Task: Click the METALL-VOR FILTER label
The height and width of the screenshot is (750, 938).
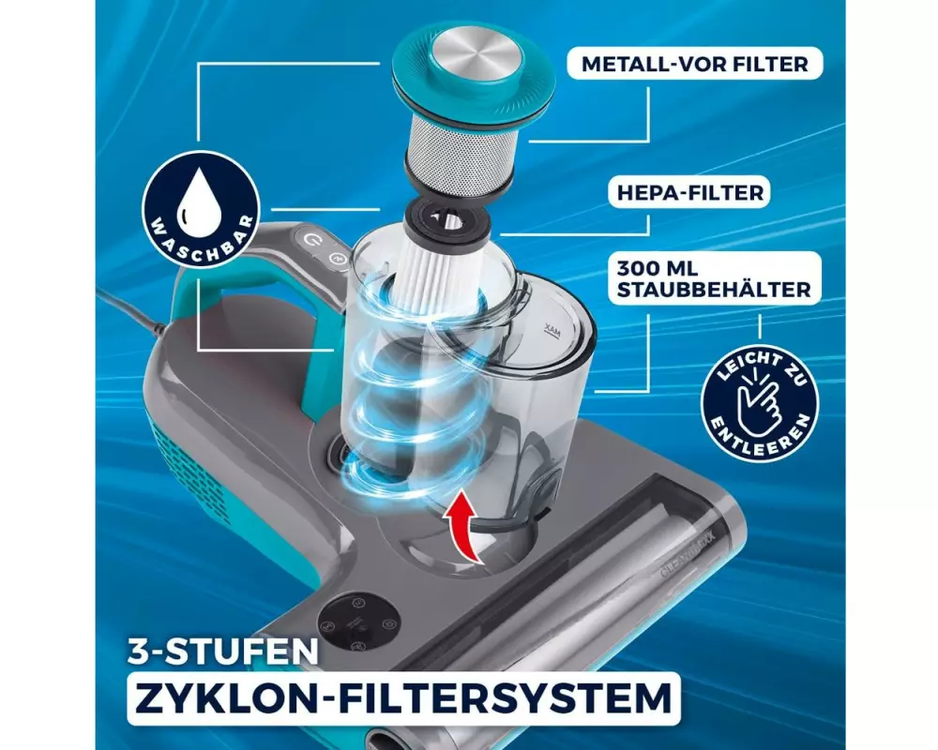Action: pyautogui.click(x=694, y=64)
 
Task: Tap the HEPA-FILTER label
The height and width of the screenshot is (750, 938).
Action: pyautogui.click(x=689, y=192)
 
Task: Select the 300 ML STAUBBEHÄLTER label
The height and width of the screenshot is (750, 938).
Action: pyautogui.click(x=714, y=278)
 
